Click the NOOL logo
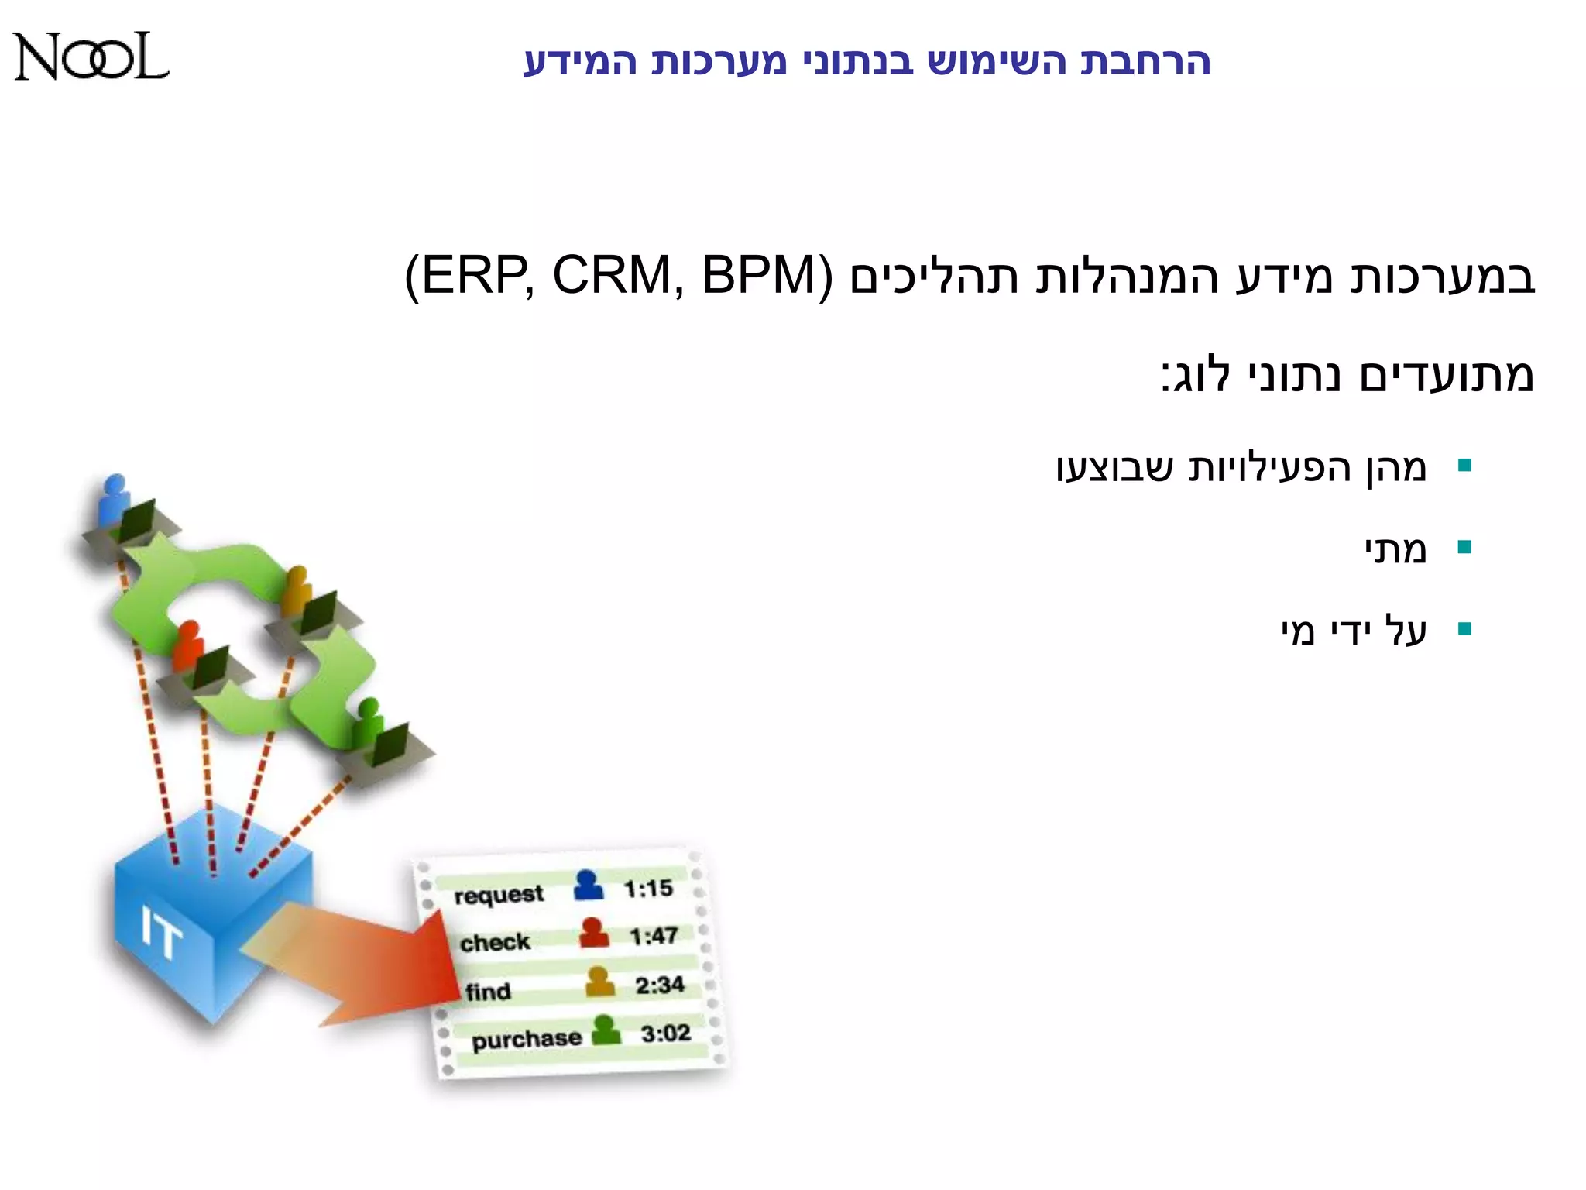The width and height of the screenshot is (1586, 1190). pyautogui.click(x=91, y=57)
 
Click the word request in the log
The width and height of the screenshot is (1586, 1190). pyautogui.click(x=499, y=895)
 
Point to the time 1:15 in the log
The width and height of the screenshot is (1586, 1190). pyautogui.click(x=648, y=889)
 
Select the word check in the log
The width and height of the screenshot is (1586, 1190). pyautogui.click(x=495, y=943)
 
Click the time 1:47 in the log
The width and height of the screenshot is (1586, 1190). pyautogui.click(x=654, y=937)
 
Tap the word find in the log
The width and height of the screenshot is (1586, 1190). pyautogui.click(x=488, y=992)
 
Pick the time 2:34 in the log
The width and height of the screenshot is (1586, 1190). pyautogui.click(x=660, y=985)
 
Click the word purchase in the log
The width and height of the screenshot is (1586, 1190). pyautogui.click(x=527, y=1040)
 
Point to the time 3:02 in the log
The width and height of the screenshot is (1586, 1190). pyautogui.click(x=665, y=1034)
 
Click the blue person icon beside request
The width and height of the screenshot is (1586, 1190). pyautogui.click(x=589, y=886)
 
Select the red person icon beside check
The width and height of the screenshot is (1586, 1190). pyautogui.click(x=594, y=933)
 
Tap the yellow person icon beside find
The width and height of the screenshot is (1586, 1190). pyautogui.click(x=599, y=982)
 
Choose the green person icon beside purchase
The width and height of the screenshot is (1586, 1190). pyautogui.click(x=606, y=1030)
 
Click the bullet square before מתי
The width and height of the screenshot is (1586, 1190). pyautogui.click(x=1464, y=548)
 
